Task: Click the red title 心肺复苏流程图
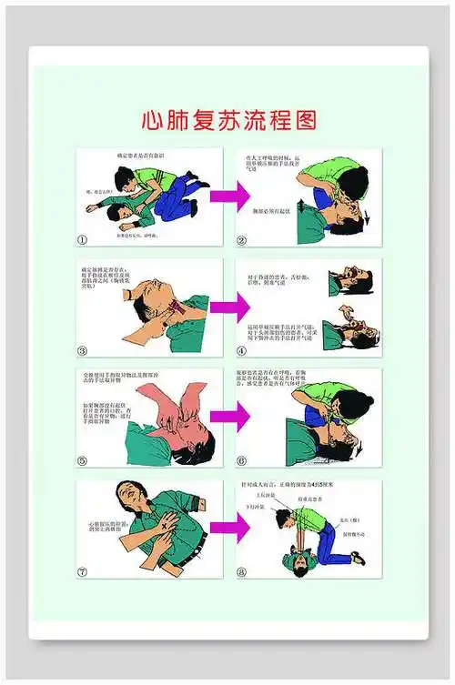(x=228, y=121)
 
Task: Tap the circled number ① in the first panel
(x=83, y=240)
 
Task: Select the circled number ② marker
(x=242, y=240)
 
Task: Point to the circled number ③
(x=83, y=351)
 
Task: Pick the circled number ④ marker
(x=242, y=351)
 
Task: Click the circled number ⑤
(x=83, y=461)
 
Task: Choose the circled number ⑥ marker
(x=242, y=461)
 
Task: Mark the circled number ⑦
(x=83, y=572)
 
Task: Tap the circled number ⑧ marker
(x=242, y=572)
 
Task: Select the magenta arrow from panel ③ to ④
(x=229, y=307)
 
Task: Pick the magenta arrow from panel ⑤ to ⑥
(x=229, y=417)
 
